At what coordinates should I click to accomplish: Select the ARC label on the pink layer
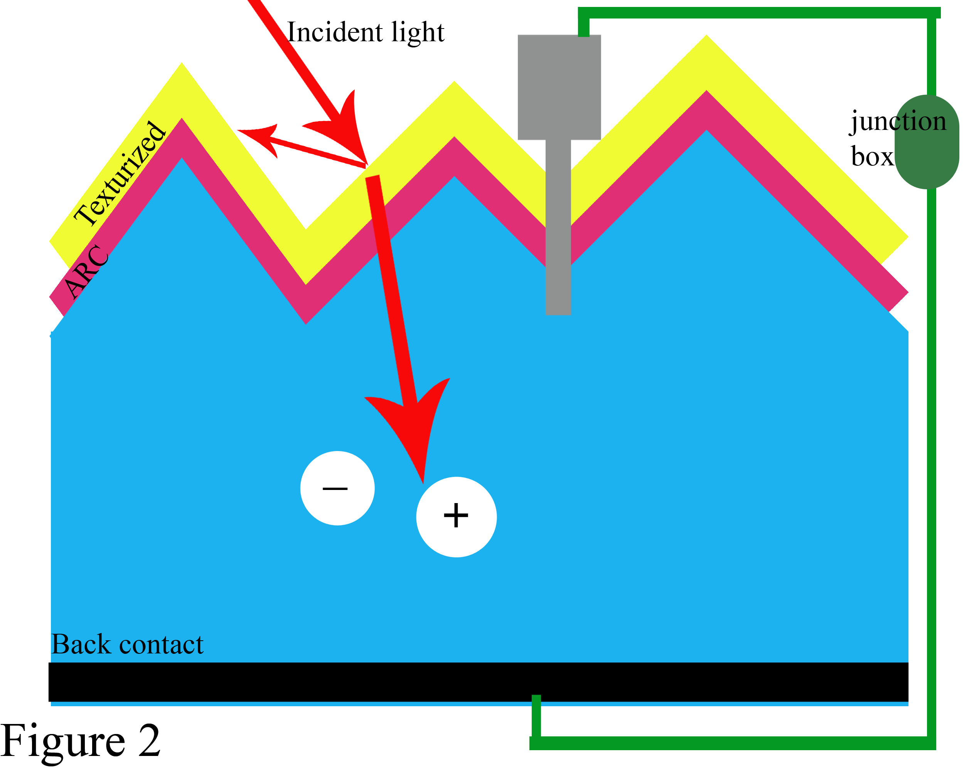(x=86, y=271)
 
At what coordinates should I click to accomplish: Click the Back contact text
(x=127, y=645)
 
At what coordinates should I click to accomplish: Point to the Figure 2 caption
(x=81, y=741)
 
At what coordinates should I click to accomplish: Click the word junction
(x=898, y=121)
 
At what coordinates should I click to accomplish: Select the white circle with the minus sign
(x=337, y=488)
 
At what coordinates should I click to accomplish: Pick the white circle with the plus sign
(x=456, y=517)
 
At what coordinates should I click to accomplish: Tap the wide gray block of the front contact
(x=559, y=87)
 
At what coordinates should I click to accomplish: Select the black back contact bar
(x=479, y=682)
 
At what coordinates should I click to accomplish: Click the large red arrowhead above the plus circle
(x=414, y=429)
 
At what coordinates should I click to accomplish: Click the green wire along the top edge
(x=760, y=12)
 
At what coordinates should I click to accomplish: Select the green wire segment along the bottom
(x=733, y=743)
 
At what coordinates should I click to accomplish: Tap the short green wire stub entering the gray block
(x=583, y=27)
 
